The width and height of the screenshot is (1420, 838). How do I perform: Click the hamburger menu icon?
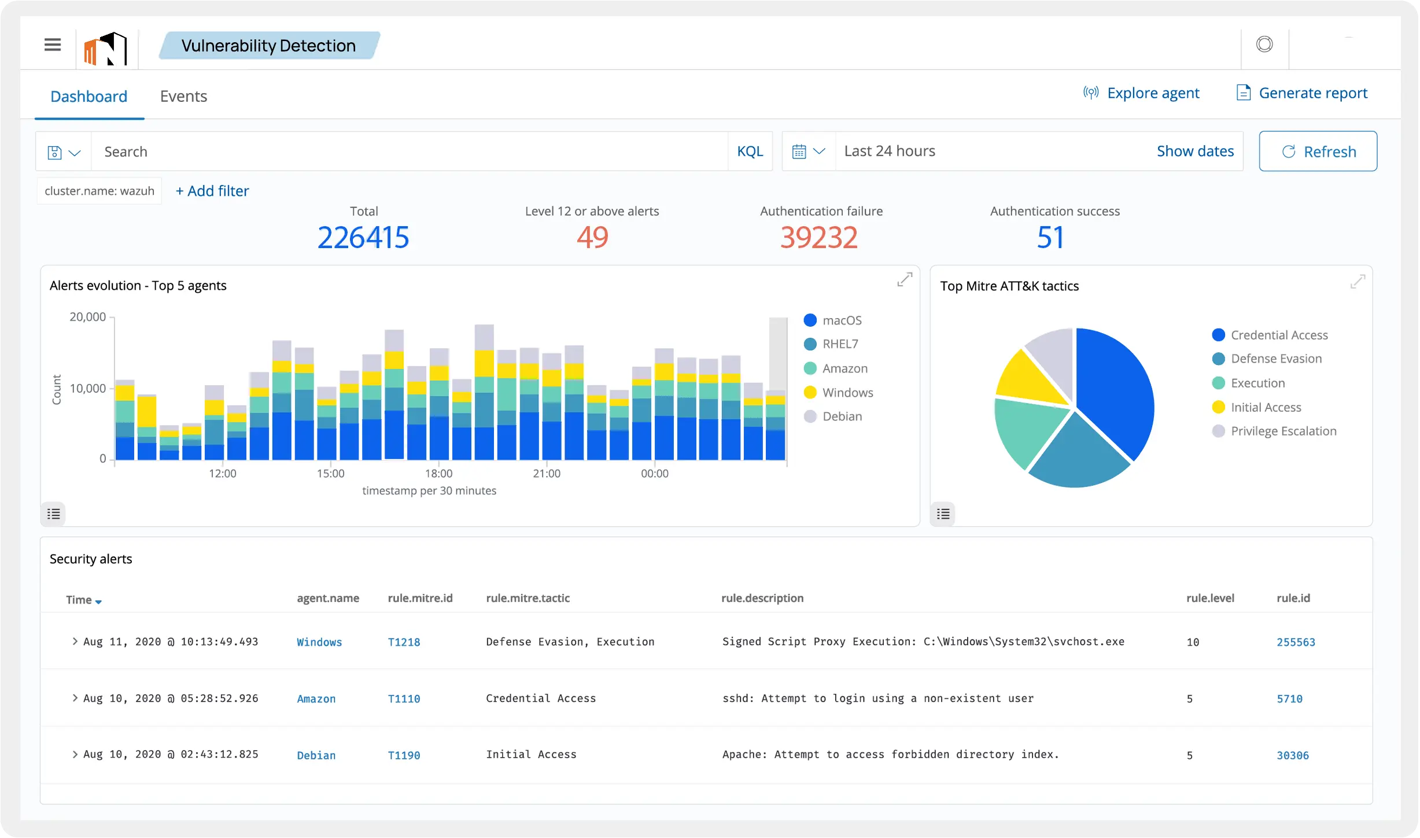click(x=53, y=45)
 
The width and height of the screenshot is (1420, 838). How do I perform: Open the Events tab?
click(x=183, y=96)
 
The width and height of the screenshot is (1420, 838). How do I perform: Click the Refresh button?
click(x=1318, y=152)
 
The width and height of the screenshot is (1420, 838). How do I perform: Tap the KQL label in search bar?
click(x=750, y=152)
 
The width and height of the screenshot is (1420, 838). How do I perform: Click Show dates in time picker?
click(x=1195, y=151)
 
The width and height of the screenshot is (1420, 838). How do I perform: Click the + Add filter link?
click(x=212, y=191)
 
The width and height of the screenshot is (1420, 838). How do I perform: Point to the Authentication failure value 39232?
click(x=818, y=238)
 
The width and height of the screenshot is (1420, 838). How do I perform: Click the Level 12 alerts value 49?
click(x=592, y=238)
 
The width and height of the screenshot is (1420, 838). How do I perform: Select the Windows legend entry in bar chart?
click(x=847, y=393)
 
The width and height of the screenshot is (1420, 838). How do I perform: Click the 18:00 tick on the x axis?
click(x=438, y=474)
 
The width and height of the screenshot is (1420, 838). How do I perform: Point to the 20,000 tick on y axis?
click(x=88, y=317)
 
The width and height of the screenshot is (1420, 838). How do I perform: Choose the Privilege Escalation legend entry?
click(x=1283, y=431)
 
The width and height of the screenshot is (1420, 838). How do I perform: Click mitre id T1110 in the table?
click(x=404, y=699)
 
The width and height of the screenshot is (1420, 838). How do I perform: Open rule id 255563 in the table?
click(x=1296, y=642)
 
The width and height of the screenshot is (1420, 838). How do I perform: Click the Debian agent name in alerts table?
click(x=316, y=755)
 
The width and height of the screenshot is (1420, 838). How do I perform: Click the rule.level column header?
click(x=1210, y=598)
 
